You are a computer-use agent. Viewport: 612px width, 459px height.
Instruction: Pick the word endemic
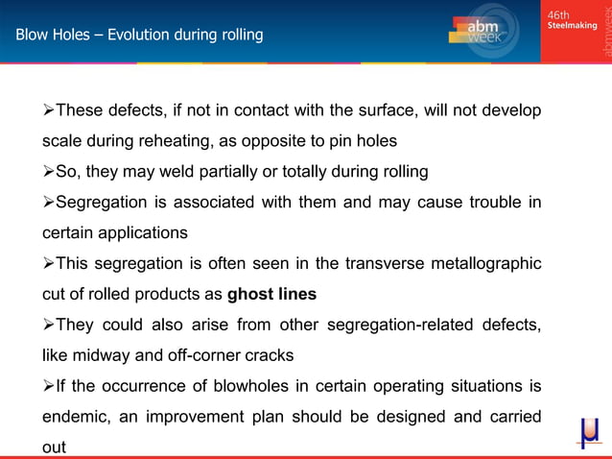(79, 417)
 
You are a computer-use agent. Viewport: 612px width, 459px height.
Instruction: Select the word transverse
(359, 263)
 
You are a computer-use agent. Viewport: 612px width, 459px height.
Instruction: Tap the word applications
(147, 232)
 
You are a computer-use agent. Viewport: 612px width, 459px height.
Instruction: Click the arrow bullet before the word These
(48, 110)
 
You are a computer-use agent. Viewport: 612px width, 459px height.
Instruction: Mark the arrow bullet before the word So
(48, 172)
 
